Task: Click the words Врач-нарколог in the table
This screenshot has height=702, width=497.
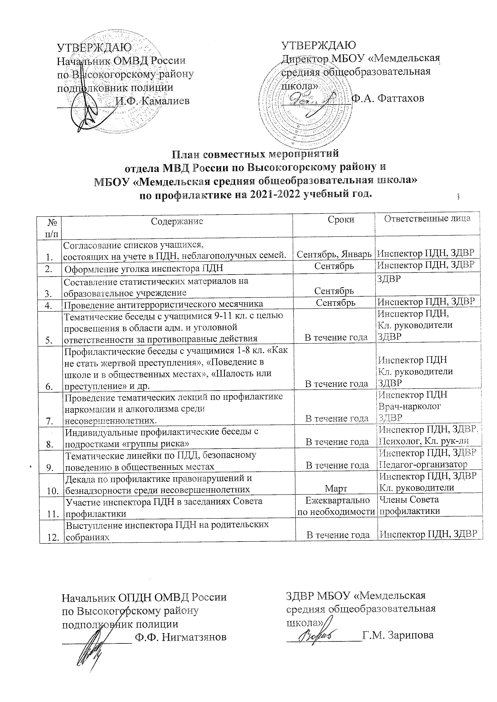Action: (410, 406)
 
